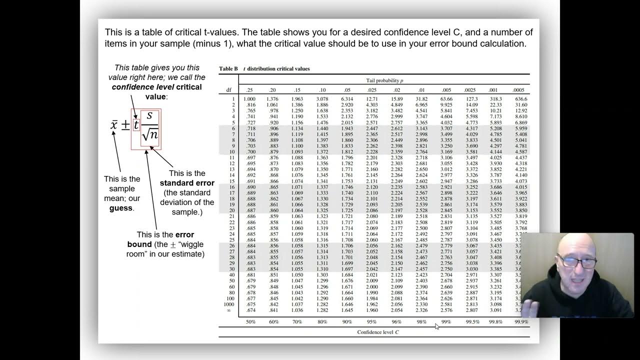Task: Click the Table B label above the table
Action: tap(228, 68)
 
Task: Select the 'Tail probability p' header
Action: tap(384, 80)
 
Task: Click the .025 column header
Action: tap(371, 90)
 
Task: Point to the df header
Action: tap(229, 90)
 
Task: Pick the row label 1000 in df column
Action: tap(228, 304)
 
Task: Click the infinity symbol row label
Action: tap(229, 310)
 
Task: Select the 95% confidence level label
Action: tap(371, 322)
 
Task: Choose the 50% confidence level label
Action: tap(250, 322)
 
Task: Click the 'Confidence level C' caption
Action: tap(378, 332)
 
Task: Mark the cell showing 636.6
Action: tap(521, 99)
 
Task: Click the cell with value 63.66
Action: tap(446, 99)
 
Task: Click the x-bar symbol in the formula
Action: tap(114, 125)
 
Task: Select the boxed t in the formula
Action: tap(136, 125)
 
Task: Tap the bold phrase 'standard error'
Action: tap(187, 183)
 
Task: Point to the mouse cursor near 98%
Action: tap(437, 326)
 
